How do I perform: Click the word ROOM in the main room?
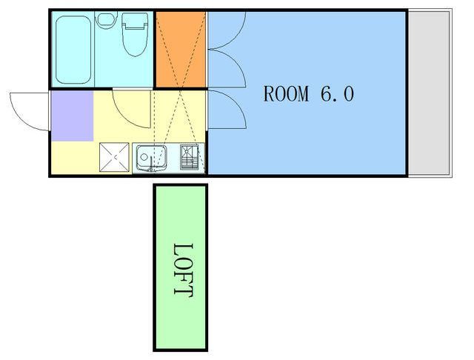[286, 93]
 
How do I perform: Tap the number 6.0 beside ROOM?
[337, 93]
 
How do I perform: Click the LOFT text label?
[183, 270]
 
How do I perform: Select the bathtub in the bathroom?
[73, 50]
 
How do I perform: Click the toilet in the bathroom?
[135, 34]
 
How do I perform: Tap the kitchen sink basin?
[151, 158]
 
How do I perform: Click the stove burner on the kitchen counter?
[190, 157]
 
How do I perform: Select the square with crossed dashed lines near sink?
[114, 157]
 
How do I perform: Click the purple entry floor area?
[73, 116]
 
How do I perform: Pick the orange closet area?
[181, 50]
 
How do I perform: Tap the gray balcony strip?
[429, 93]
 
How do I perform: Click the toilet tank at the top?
[135, 21]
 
